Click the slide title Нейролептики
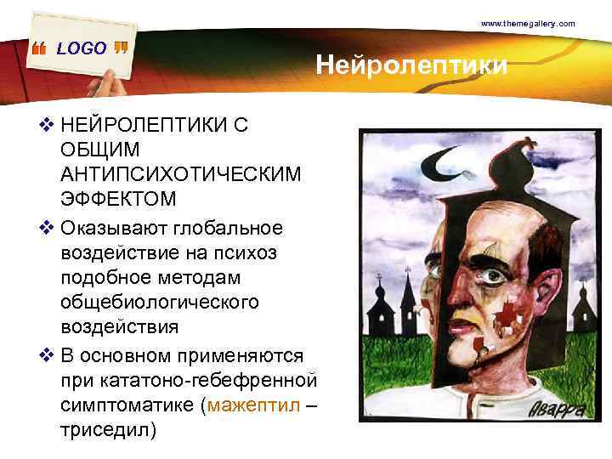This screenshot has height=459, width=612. [x=412, y=65]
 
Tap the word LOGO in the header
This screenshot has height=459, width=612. [x=82, y=48]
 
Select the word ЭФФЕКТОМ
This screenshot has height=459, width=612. [x=118, y=199]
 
